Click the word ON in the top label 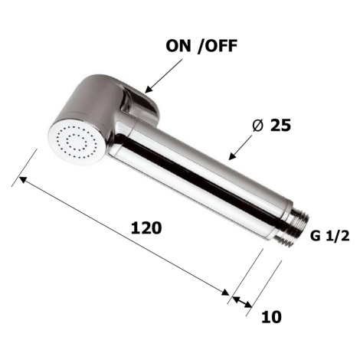[178, 46]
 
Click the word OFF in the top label [221, 46]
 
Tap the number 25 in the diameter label [280, 126]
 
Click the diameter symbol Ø [257, 126]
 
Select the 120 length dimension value [146, 228]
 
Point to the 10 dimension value [271, 317]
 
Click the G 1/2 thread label [329, 236]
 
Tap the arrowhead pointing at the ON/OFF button [148, 90]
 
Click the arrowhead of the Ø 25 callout [231, 156]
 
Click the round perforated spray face [77, 141]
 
